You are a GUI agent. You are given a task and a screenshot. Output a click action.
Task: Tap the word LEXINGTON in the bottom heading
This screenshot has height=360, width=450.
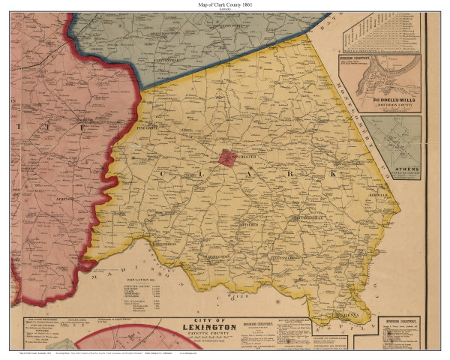tap(218, 327)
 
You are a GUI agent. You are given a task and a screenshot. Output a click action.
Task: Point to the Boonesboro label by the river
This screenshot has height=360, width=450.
tap(165, 244)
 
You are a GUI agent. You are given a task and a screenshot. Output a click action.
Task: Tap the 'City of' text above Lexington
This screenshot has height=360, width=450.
tap(219, 318)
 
